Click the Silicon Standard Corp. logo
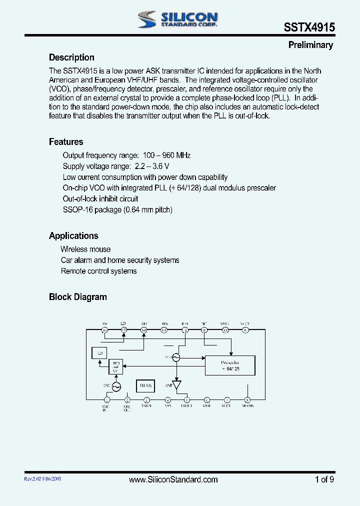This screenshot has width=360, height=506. (177, 19)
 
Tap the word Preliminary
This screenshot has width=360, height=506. (310, 45)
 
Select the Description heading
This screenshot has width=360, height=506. (71, 57)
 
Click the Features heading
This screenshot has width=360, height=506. (66, 142)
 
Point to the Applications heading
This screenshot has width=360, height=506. (73, 236)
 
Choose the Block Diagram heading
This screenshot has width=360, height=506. (77, 297)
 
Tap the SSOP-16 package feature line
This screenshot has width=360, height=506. (117, 210)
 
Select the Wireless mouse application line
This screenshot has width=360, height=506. (85, 249)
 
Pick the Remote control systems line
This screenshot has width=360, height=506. (98, 271)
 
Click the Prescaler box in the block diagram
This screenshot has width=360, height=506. (229, 365)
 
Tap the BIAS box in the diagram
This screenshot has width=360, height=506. (145, 385)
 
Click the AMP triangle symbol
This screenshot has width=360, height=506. (176, 385)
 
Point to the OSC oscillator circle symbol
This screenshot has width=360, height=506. (116, 386)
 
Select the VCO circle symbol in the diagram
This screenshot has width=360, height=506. (175, 357)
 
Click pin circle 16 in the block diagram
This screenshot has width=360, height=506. (105, 330)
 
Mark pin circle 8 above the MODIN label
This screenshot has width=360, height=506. (247, 399)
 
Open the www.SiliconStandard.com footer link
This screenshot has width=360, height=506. (173, 479)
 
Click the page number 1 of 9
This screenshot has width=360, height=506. (324, 479)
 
